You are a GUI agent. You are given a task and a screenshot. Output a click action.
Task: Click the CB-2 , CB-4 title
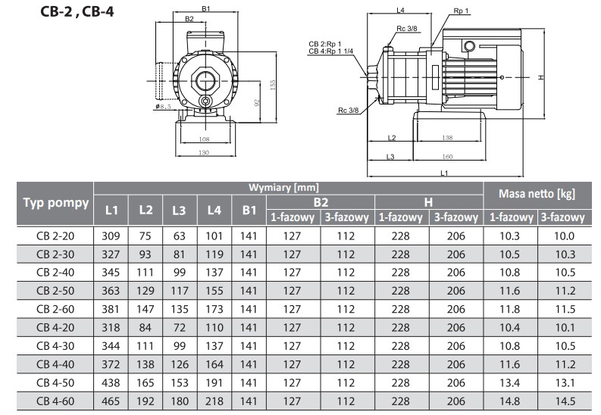click(x=77, y=12)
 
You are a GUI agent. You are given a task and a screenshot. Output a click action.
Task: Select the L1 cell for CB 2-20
click(x=111, y=236)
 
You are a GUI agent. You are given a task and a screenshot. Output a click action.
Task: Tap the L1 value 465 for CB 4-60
click(x=111, y=401)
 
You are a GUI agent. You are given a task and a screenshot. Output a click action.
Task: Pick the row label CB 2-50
click(x=55, y=291)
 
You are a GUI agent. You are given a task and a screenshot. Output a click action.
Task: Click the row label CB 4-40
click(x=55, y=364)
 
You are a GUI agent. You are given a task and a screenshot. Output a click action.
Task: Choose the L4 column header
click(x=214, y=210)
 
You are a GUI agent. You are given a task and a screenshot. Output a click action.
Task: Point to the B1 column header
click(x=249, y=210)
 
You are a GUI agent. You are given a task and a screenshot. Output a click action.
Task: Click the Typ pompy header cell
click(x=55, y=203)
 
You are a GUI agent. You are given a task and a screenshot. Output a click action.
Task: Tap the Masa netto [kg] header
click(x=537, y=194)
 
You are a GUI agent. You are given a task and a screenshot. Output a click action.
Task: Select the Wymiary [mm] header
click(x=283, y=188)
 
